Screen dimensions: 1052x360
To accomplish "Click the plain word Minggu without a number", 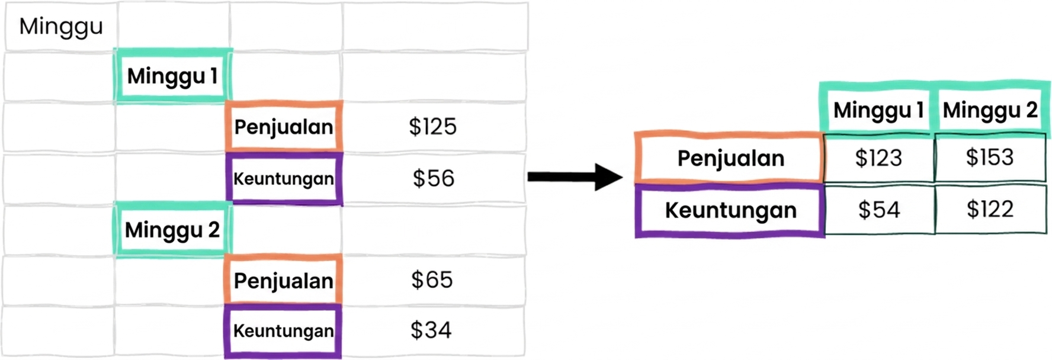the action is click(x=61, y=27).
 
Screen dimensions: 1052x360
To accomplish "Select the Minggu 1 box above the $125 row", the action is click(x=172, y=76).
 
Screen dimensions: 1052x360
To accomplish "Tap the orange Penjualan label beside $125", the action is click(x=284, y=127).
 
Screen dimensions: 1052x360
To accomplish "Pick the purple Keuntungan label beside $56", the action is click(x=284, y=179).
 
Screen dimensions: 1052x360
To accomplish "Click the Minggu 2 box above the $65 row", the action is click(x=172, y=230).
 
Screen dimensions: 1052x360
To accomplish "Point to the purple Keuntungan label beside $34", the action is click(x=283, y=331).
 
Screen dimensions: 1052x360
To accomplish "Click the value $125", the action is click(x=433, y=127).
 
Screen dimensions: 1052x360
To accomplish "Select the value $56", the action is click(x=434, y=179).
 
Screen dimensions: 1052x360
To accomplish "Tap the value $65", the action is click(x=432, y=280).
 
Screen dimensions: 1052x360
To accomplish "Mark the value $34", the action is click(x=431, y=330).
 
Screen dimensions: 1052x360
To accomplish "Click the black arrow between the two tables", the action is click(x=575, y=176).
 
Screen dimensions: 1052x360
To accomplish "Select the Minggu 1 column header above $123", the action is click(x=878, y=110).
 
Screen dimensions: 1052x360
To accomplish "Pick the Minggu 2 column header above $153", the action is click(x=990, y=110).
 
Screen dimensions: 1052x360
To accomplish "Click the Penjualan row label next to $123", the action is click(x=730, y=158).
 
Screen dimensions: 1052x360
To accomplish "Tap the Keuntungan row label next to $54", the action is click(x=730, y=211).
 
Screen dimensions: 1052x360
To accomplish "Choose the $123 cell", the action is click(x=879, y=158).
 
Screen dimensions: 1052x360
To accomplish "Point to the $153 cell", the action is click(x=990, y=157).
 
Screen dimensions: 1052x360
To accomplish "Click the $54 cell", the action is click(x=879, y=210).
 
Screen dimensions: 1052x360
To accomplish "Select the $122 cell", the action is click(x=990, y=209).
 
